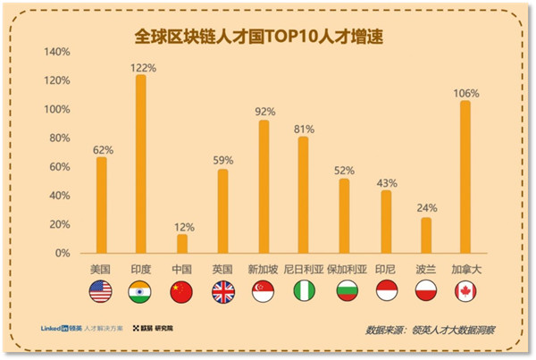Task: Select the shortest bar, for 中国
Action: [182, 243]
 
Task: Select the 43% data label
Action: [386, 182]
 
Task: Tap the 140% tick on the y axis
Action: [57, 52]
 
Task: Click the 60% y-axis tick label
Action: [60, 167]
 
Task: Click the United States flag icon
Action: [100, 291]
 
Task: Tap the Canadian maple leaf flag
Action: [465, 291]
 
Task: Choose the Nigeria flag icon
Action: [304, 291]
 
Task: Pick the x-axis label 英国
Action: [222, 269]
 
